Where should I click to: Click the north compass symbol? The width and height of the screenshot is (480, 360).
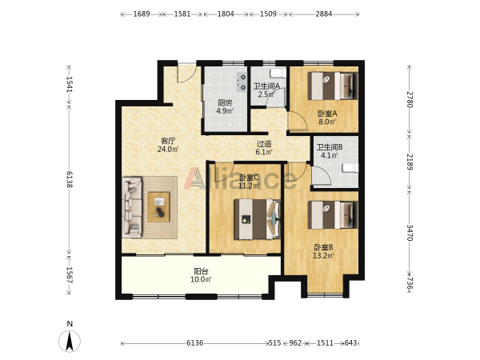[x=70, y=341]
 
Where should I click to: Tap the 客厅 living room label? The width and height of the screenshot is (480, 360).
[x=168, y=141]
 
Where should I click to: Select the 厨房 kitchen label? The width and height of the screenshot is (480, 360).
[x=225, y=103]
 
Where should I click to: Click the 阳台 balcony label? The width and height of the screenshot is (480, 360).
[x=201, y=271]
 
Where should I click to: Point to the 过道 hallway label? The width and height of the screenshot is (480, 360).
[x=264, y=143]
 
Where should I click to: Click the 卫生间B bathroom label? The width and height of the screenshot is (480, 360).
[x=330, y=147]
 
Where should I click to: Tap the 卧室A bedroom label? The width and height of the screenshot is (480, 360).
[x=327, y=114]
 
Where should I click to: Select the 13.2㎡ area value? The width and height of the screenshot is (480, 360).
[x=323, y=255]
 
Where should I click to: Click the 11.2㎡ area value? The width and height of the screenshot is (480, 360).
[x=249, y=186]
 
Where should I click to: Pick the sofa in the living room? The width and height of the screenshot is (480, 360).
[x=132, y=207]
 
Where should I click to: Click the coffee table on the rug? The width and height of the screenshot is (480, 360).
[x=159, y=207]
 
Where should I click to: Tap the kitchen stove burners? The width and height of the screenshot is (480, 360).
[x=242, y=82]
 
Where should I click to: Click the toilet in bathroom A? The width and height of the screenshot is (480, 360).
[x=278, y=73]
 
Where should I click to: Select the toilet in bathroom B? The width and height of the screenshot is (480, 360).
[x=350, y=168]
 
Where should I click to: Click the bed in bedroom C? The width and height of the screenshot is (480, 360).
[x=257, y=219]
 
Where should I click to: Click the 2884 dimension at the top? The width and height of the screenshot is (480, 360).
[x=324, y=14]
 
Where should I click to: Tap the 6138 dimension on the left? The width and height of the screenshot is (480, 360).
[x=70, y=180]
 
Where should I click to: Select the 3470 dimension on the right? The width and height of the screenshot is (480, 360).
[x=410, y=233]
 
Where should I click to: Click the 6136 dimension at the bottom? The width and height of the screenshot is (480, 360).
[x=195, y=343]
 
